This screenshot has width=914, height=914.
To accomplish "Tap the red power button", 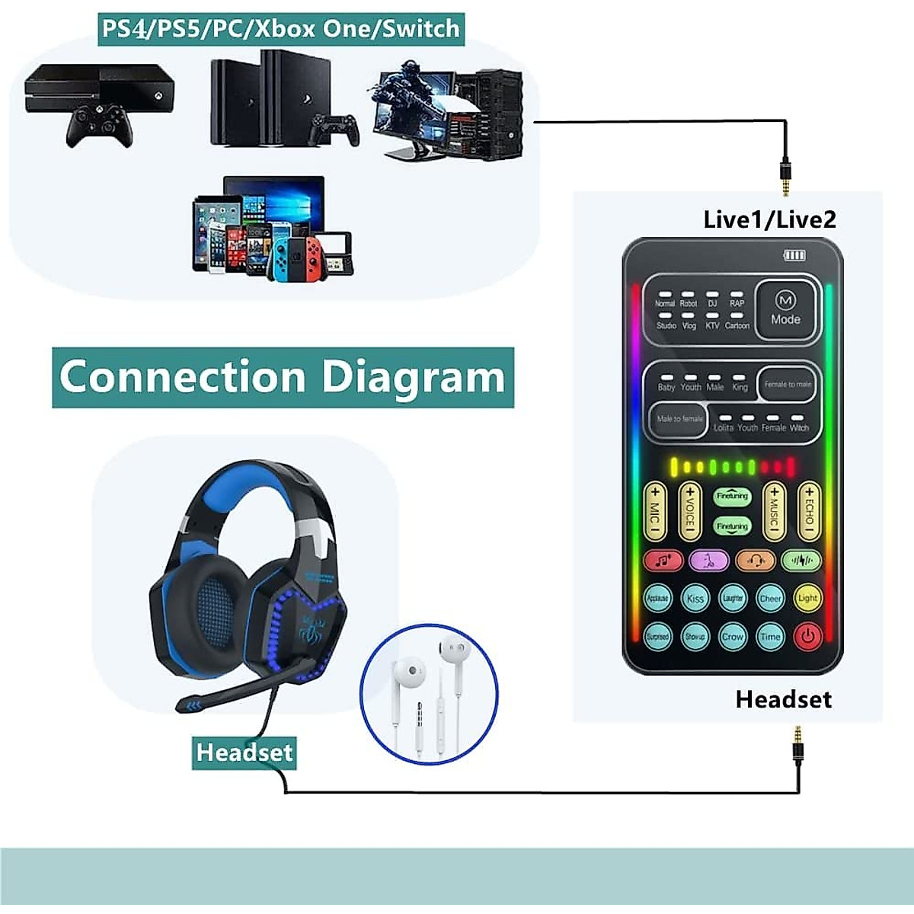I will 807,635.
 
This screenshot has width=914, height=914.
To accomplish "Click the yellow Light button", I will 807,598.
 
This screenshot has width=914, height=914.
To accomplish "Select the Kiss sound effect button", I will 695,598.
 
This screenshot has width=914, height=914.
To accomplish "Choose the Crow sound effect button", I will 732,636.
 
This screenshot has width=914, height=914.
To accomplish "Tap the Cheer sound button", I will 770,598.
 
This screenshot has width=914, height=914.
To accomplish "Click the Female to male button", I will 788,385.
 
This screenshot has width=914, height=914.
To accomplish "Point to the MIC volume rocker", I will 655,512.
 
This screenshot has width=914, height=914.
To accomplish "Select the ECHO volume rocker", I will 809,512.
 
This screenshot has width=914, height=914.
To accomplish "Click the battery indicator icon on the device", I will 794,255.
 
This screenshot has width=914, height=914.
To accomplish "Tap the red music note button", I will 663,561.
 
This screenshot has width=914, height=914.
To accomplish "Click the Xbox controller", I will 100,125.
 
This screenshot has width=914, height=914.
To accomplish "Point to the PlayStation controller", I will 333,129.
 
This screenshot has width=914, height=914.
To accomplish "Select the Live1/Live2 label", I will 769,220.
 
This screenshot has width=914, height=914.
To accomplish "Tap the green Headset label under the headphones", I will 244,753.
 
